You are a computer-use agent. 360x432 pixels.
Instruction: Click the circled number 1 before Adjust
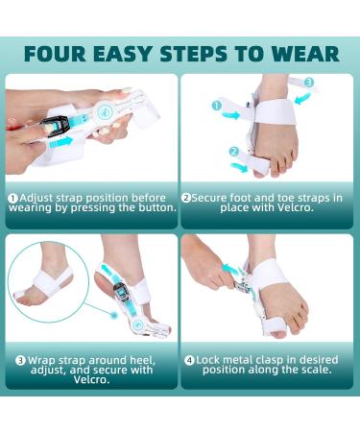tap(13, 197)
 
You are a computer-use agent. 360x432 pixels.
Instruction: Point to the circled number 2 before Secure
tap(187, 197)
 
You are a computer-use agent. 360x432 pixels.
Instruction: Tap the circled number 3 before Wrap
tap(19, 360)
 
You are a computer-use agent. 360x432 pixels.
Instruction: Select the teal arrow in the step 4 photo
tap(232, 269)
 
